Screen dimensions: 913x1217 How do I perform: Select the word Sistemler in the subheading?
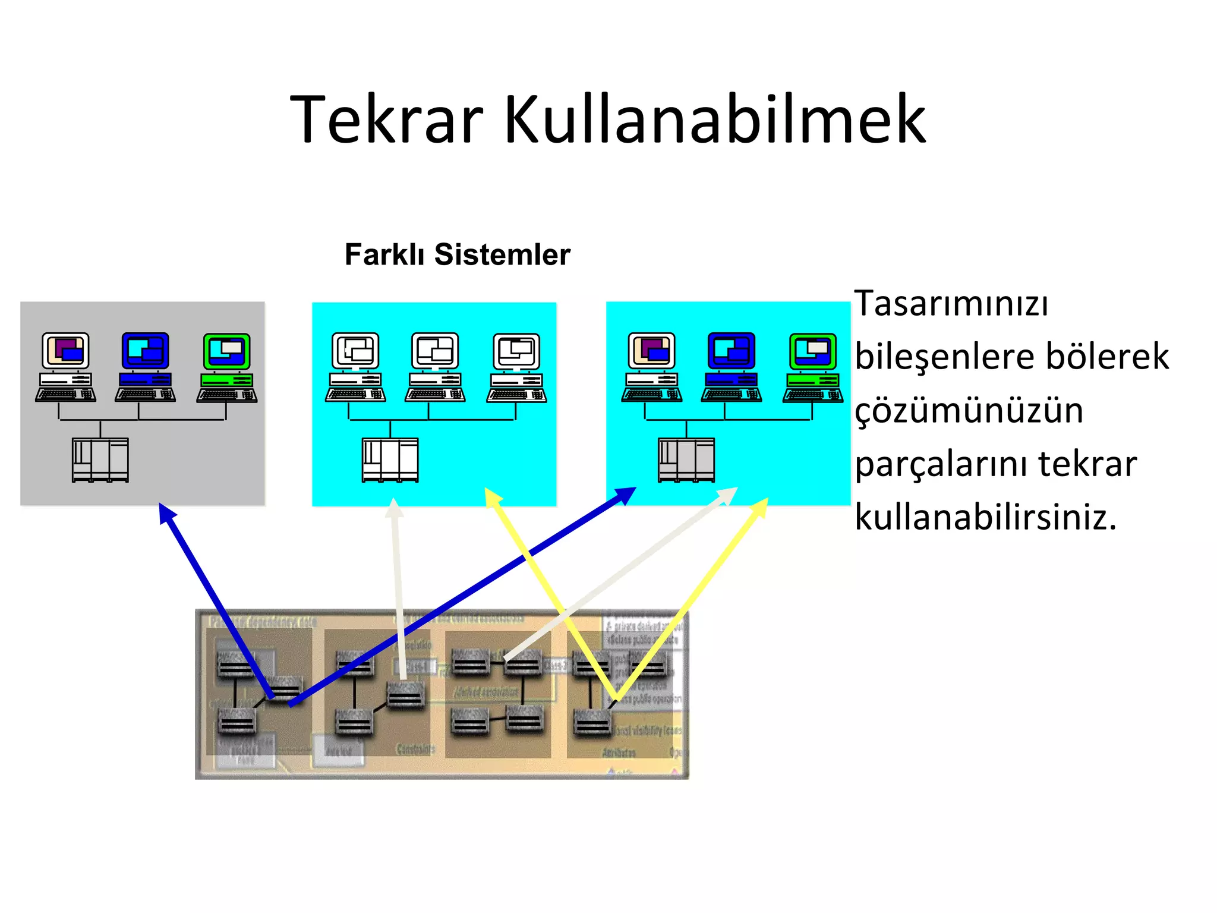click(x=502, y=254)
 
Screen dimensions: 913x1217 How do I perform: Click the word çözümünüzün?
click(x=969, y=410)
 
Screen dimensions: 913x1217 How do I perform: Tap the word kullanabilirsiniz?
click(x=985, y=517)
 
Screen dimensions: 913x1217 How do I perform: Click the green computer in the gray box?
click(x=227, y=367)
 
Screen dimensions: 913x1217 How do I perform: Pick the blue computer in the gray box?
click(x=146, y=367)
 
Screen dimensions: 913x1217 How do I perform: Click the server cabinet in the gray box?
click(x=100, y=459)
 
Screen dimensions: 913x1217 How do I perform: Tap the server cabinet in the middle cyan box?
click(x=390, y=459)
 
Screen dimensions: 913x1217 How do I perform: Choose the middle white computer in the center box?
click(x=436, y=367)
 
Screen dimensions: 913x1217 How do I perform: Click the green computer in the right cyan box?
click(x=813, y=367)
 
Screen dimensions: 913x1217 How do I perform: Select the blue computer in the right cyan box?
click(x=732, y=367)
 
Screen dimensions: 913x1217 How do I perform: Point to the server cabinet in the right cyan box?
click(x=686, y=459)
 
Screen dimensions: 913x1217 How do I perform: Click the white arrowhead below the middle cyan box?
click(x=394, y=509)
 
